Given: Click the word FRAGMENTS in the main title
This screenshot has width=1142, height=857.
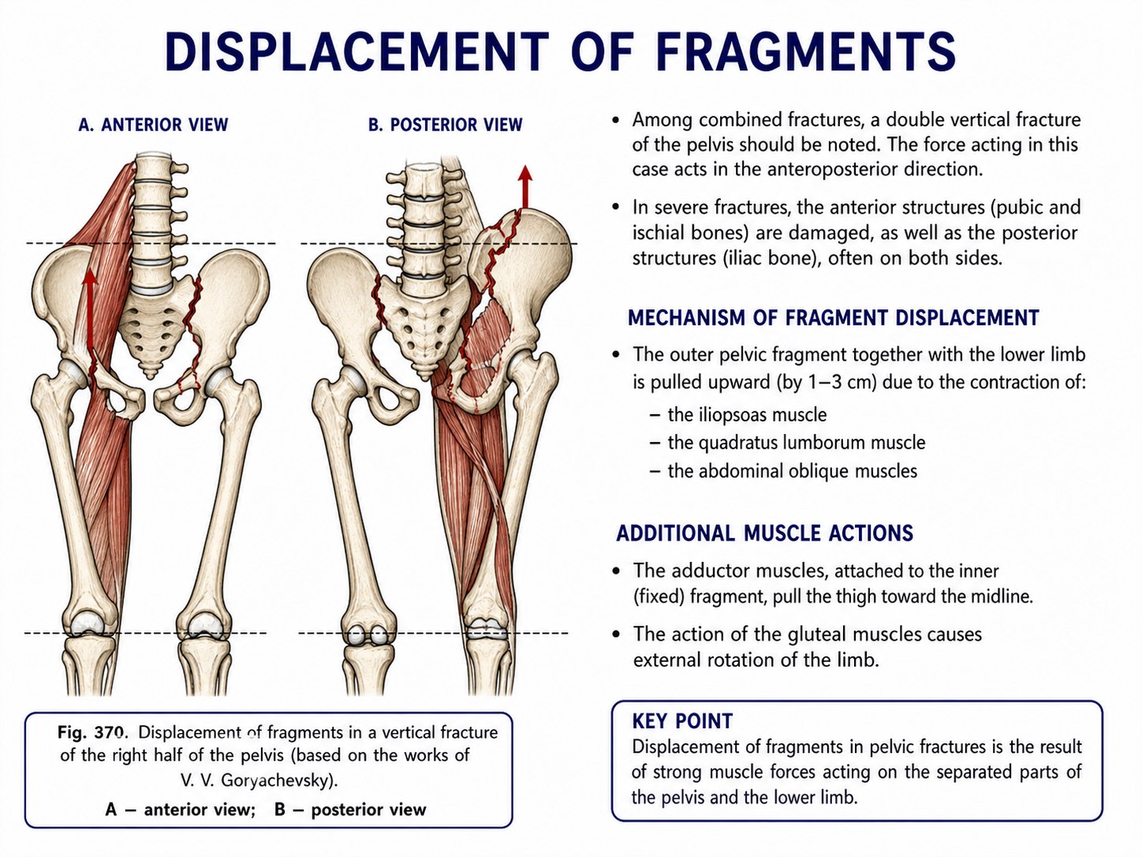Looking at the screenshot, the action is pos(806,51).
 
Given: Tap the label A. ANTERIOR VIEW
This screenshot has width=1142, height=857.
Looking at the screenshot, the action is pos(154,125).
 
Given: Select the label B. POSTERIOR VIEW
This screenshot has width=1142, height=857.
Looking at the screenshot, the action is pos(446,125).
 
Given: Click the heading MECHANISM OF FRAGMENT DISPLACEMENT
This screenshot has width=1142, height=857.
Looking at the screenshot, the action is pos(834,317).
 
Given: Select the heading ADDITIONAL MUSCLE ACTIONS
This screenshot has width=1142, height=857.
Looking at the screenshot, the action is pos(765,533).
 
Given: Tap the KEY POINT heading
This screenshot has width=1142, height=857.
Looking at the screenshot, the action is pos(682,721).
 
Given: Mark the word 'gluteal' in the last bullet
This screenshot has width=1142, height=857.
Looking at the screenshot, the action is pos(815,634).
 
